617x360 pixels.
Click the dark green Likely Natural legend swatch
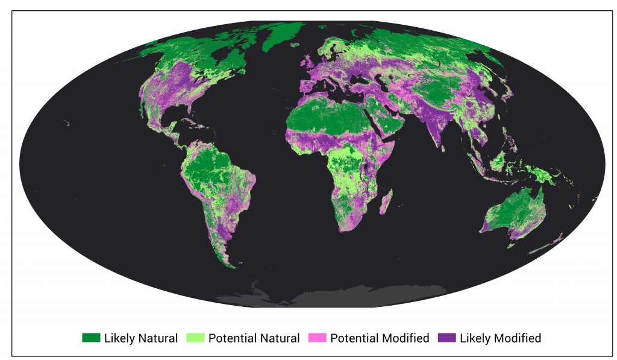click(x=91, y=338)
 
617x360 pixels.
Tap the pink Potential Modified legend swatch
click(x=318, y=338)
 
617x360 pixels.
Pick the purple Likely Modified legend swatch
click(x=446, y=338)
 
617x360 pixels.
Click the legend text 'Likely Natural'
click(x=140, y=338)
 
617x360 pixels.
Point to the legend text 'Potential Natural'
click(x=254, y=338)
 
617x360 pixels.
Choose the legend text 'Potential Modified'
click(x=380, y=338)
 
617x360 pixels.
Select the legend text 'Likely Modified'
click(x=500, y=338)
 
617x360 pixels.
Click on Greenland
click(x=283, y=36)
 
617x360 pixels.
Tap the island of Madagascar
click(x=388, y=202)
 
